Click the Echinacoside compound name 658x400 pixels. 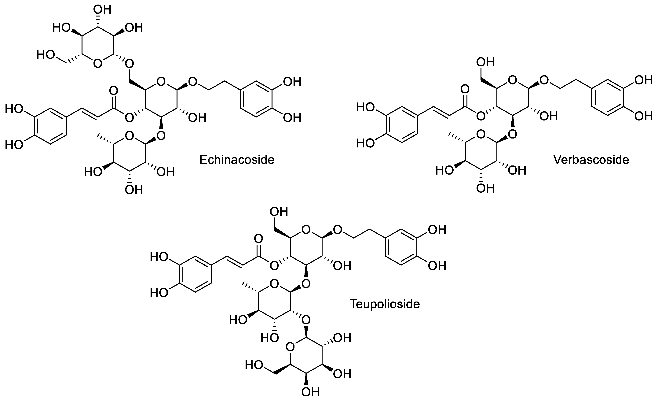point(237,160)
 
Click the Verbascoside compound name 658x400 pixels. point(591,160)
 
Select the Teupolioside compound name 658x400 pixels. point(385,304)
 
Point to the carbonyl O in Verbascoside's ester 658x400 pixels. point(465,89)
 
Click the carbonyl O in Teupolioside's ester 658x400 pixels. point(258,239)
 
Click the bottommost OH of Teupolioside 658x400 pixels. point(310,392)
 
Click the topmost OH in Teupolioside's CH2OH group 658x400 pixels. point(279,212)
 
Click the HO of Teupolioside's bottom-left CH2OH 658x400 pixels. point(254,365)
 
